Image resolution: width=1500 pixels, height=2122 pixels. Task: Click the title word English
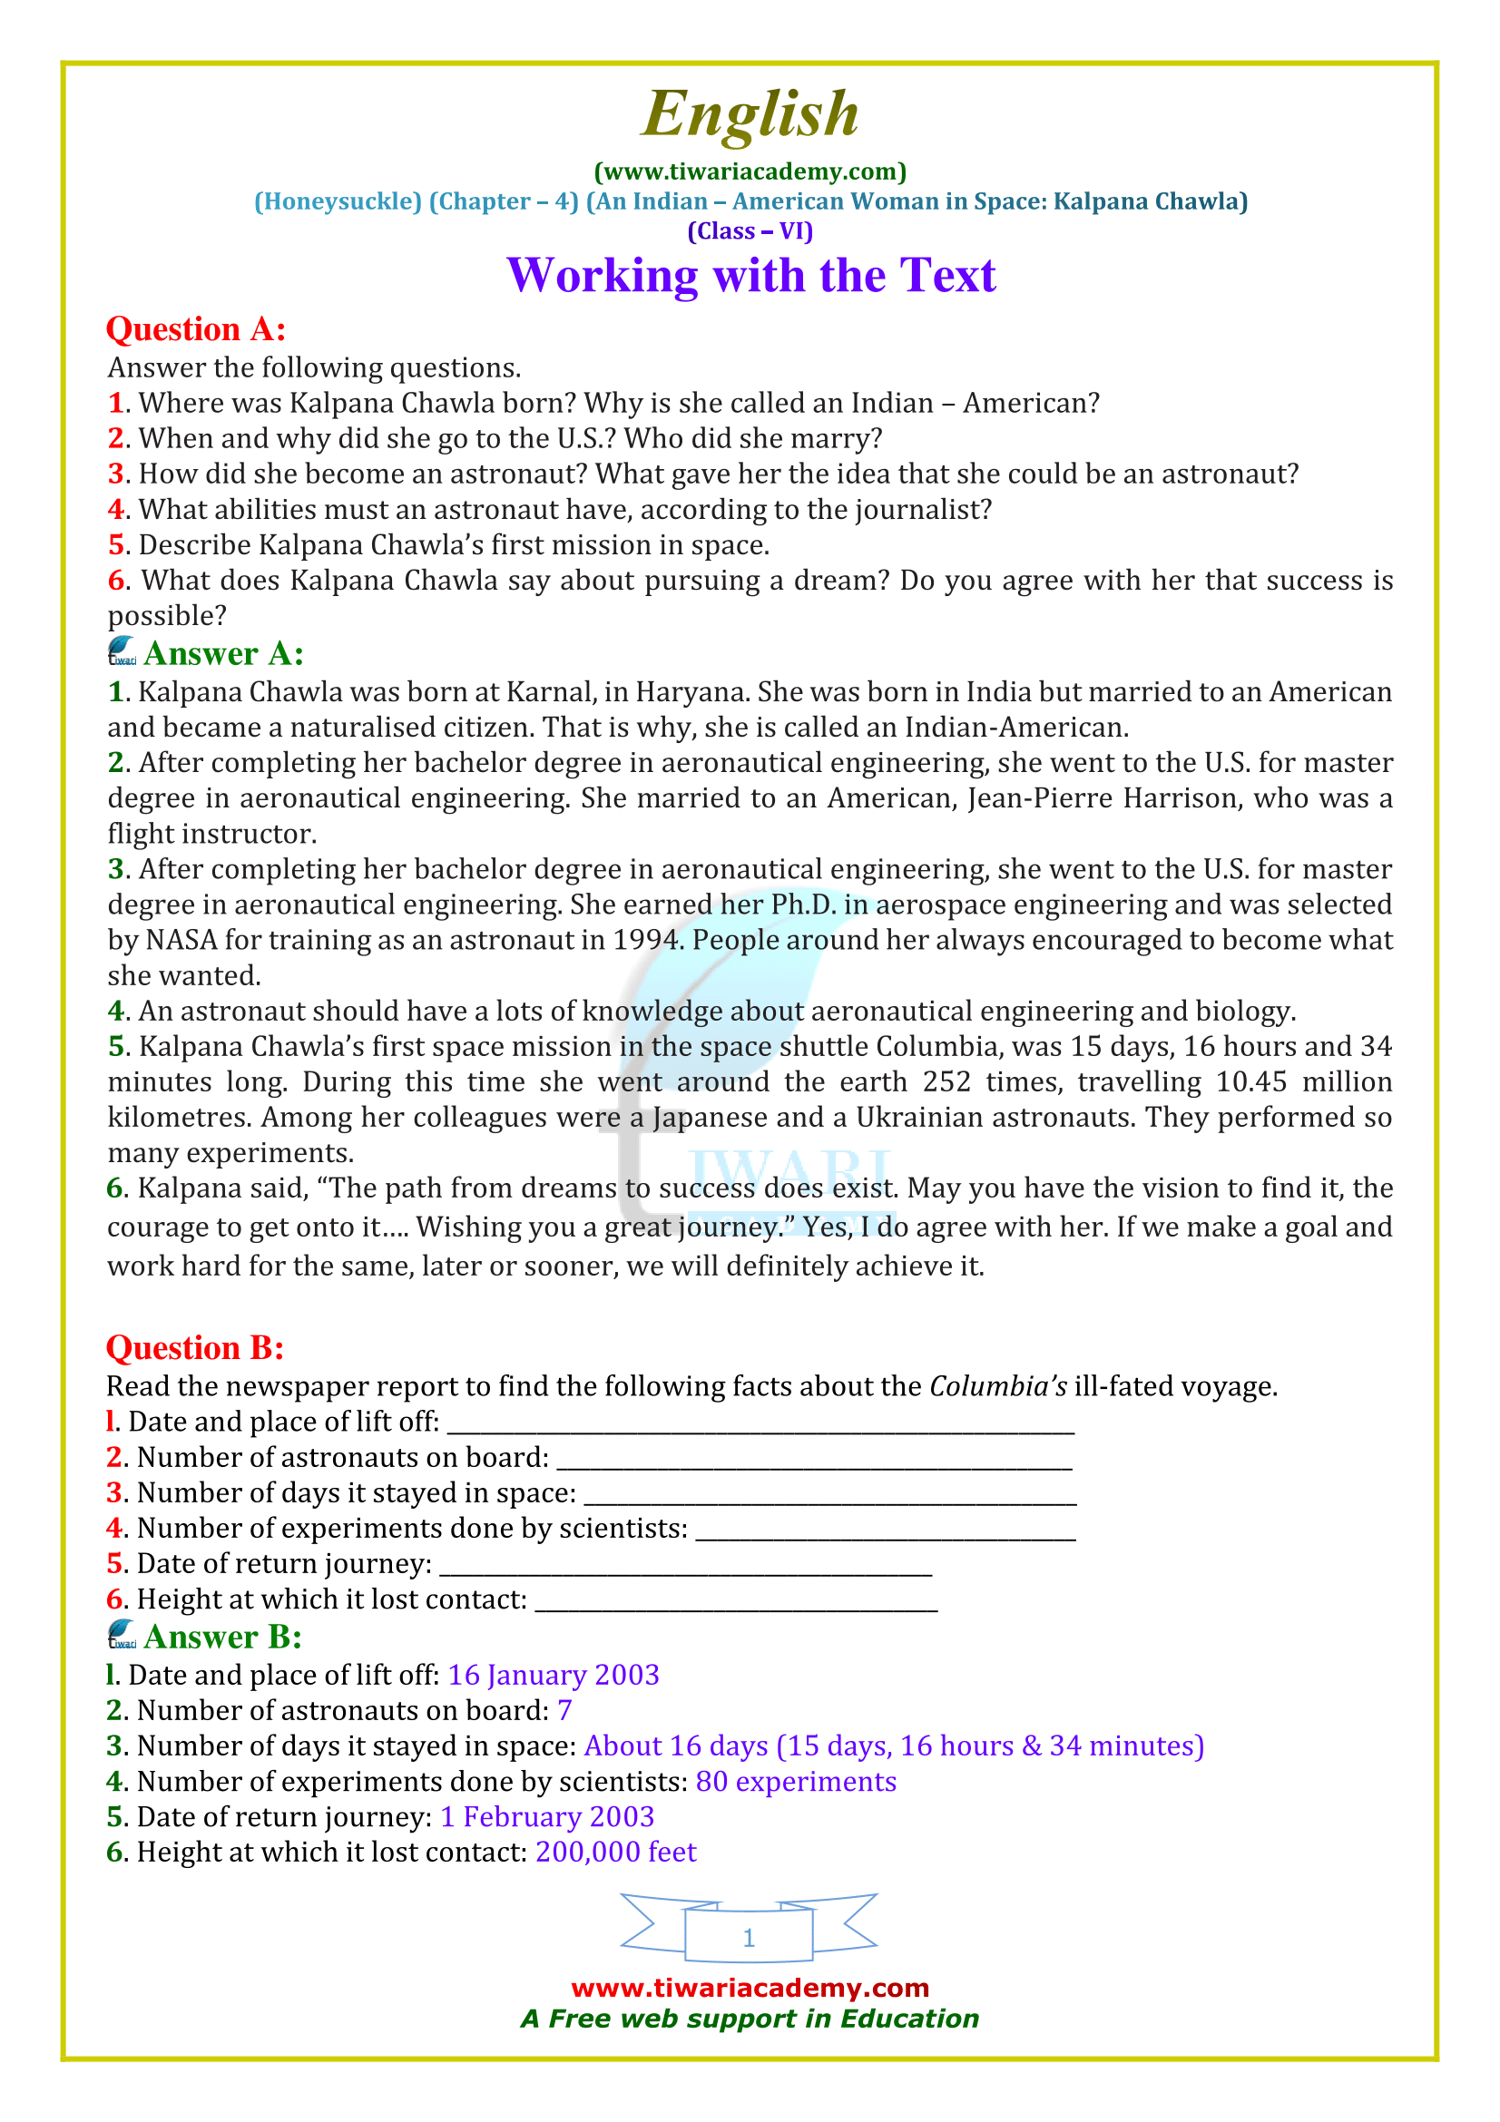tap(750, 114)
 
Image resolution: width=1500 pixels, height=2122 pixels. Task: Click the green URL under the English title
tap(750, 171)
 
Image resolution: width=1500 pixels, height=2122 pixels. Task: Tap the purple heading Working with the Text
tap(750, 276)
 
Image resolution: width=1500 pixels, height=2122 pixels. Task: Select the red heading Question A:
tap(196, 329)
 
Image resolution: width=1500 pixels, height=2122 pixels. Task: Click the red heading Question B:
tap(195, 1347)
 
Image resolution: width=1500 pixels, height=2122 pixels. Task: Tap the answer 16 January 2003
tap(553, 1675)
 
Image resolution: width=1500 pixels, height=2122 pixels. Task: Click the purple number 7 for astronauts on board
tap(564, 1710)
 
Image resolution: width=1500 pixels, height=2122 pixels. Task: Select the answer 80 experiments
tap(796, 1781)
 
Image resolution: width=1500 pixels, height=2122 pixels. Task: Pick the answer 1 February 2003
tap(547, 1816)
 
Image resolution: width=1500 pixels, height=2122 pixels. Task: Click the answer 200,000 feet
tap(615, 1852)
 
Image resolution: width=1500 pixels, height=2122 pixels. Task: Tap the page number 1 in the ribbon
tap(749, 1936)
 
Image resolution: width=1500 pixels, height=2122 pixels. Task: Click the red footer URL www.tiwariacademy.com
tap(750, 1987)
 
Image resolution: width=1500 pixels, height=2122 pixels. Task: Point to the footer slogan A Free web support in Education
tap(750, 2019)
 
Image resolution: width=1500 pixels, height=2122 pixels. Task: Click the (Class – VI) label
tap(750, 231)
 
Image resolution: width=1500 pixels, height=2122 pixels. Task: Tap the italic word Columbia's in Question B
tap(997, 1386)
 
